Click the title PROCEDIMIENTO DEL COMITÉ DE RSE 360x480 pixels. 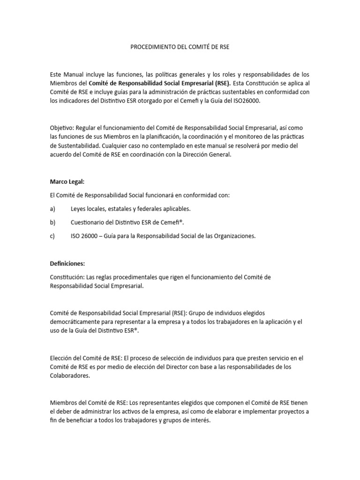(180, 47)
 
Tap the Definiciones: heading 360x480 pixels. (67, 263)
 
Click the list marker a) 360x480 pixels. (52, 209)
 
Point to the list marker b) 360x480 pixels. (52, 222)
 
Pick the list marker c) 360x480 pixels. (52, 236)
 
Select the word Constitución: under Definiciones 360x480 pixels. (67, 277)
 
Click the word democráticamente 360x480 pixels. (78, 322)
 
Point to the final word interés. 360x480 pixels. (199, 420)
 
